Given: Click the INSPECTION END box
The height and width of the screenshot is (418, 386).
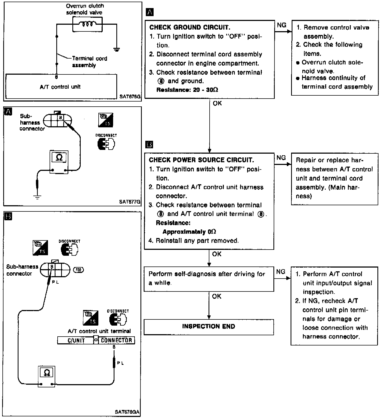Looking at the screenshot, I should point(209,327).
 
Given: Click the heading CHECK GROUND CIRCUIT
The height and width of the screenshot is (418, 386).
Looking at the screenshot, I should point(190,27).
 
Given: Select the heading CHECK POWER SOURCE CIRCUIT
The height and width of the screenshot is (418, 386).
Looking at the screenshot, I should point(201,160).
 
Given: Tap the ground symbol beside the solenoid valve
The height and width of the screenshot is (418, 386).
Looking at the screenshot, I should point(117,49).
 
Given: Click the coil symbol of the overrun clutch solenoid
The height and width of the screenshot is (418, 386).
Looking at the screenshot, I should point(87,24).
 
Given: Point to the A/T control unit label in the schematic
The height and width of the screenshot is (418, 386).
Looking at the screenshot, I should point(60,87).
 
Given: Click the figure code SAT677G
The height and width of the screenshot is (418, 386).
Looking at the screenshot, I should point(130,202).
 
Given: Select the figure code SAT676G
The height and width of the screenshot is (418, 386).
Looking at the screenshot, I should point(130,96).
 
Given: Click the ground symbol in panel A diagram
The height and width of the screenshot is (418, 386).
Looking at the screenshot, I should point(38,197).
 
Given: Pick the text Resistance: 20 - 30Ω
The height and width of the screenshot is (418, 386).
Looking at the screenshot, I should point(187,90).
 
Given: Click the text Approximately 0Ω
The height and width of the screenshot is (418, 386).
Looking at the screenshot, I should point(189,232).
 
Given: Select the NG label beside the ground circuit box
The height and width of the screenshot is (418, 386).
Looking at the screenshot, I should point(281,25).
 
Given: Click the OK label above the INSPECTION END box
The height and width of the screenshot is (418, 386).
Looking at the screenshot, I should point(217,296).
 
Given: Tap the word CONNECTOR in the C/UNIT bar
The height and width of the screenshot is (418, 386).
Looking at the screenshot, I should point(117,340).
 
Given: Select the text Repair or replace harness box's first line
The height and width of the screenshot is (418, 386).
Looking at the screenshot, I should point(329,160).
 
